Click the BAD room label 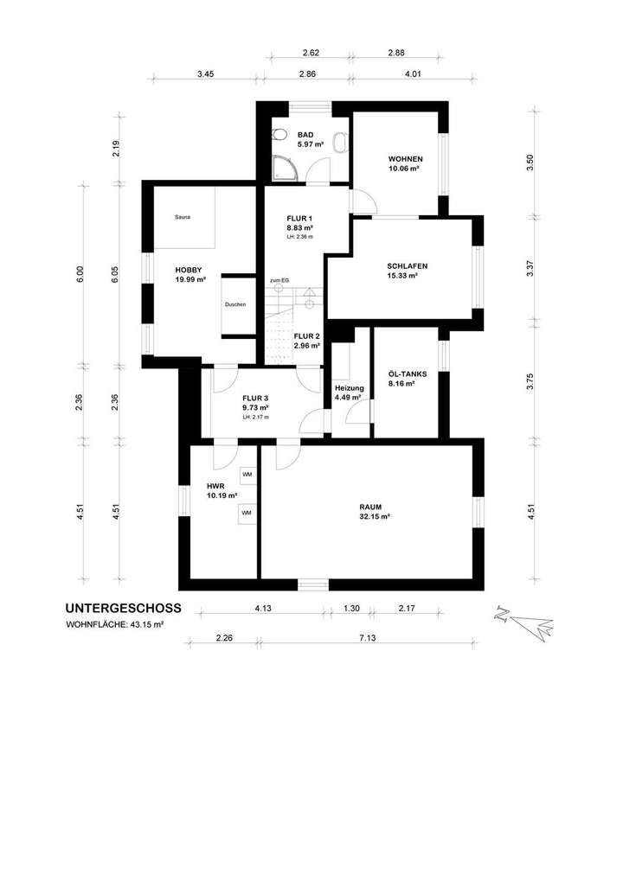coord(305,135)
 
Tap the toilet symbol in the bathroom coord(279,136)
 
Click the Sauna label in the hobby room coord(182,217)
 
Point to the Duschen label coord(235,305)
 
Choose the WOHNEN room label coord(405,159)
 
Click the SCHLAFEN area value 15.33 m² coord(402,276)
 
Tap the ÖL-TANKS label coord(408,373)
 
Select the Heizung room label coord(349,388)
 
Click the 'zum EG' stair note coord(279,281)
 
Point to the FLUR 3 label coord(256,398)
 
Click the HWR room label coord(215,486)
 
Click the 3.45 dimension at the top coord(204,75)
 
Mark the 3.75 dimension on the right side coord(530,381)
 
